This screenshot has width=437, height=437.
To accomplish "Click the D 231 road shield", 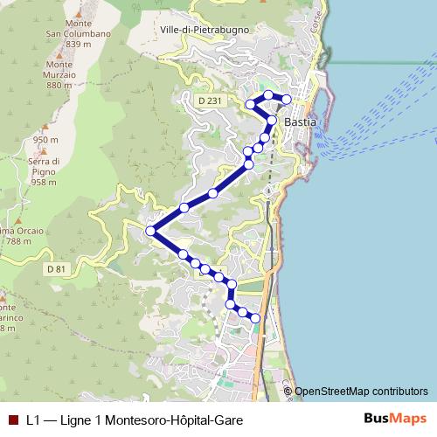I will pyautogui.click(x=208, y=102).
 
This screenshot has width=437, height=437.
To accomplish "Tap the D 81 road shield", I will pyautogui.click(x=56, y=267).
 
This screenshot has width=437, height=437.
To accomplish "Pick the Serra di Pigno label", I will pyautogui.click(x=43, y=166).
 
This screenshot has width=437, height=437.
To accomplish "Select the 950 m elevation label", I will pyautogui.click(x=45, y=139).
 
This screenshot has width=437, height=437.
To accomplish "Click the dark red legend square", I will pyautogui.click(x=11, y=420).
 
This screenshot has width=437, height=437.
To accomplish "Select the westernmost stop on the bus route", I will pyautogui.click(x=150, y=231).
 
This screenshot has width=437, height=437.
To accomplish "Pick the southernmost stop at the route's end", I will pyautogui.click(x=255, y=319).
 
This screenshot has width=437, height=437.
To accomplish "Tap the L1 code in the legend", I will pyautogui.click(x=33, y=420).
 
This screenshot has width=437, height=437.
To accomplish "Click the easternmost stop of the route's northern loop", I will pyautogui.click(x=286, y=98).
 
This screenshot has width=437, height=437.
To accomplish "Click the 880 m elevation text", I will pyautogui.click(x=59, y=86).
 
